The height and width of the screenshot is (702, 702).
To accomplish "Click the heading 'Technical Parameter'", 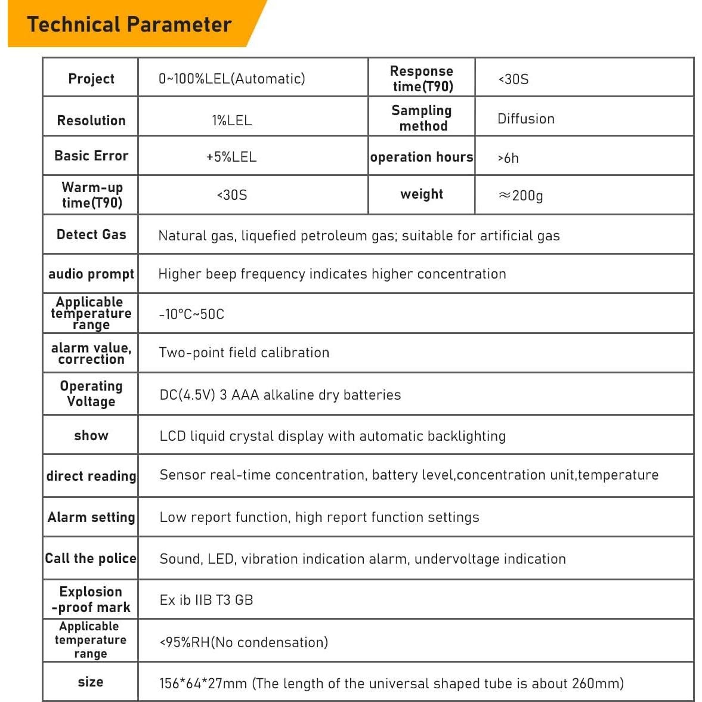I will coord(129,24).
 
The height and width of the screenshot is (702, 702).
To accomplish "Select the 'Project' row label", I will coord(91,79).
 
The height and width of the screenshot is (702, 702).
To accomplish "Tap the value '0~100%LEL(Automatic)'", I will coord(231,79).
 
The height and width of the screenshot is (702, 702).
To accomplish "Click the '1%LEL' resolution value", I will coord(231,120).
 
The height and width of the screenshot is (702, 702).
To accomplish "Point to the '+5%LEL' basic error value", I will coord(231,157).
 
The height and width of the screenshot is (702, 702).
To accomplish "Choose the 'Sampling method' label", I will coord(422,118).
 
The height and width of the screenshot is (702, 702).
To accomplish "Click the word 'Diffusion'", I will coord(525,119).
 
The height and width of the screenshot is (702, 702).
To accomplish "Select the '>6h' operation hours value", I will coord(508,158).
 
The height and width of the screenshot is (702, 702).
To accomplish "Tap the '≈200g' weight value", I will coord(521,195).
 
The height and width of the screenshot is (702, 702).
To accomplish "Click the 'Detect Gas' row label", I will coord(91,234).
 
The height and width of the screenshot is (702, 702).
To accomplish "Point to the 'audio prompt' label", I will coord(91,274).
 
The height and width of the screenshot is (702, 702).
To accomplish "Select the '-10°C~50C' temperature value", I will coord(191,314).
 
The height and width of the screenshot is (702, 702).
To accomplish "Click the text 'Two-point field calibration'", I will coord(244,352).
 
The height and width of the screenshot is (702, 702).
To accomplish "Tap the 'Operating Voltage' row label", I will coord(91,394).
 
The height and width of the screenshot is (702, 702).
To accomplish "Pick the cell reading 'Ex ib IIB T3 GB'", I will coord(206,600).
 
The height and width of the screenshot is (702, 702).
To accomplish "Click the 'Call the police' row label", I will coord(91,558).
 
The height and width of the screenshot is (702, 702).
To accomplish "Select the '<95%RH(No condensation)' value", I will coord(243,642).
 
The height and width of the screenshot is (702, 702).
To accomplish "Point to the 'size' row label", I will coord(91,682).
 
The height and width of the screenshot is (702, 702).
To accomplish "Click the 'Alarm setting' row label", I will coord(91,517).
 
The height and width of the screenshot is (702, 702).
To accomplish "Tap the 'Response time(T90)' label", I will coord(422,79).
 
